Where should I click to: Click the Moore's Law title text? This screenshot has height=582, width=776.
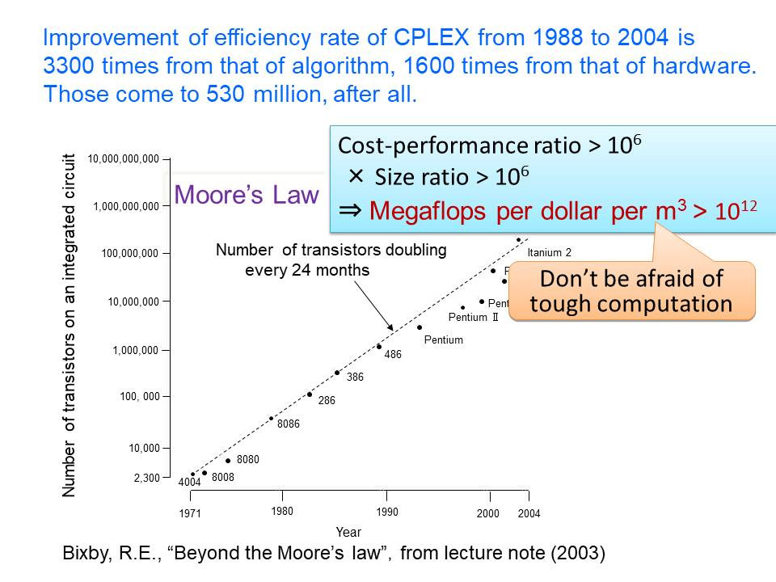[247, 195]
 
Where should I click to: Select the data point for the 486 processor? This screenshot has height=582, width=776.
[379, 347]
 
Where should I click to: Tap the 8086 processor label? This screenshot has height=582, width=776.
[289, 424]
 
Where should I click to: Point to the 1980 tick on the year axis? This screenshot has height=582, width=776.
[282, 511]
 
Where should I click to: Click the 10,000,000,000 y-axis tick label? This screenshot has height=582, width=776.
[124, 159]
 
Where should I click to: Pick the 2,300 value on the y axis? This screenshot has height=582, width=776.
[146, 478]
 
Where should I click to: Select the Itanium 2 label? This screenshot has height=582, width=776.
[549, 253]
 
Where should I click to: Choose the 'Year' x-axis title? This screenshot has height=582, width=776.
[348, 532]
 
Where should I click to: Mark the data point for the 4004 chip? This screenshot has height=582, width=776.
[192, 474]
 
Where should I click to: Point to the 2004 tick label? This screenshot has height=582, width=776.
[529, 514]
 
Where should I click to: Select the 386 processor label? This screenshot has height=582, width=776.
[355, 377]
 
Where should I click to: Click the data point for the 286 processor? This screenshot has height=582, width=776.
[310, 394]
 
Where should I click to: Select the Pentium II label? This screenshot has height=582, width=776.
[473, 318]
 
